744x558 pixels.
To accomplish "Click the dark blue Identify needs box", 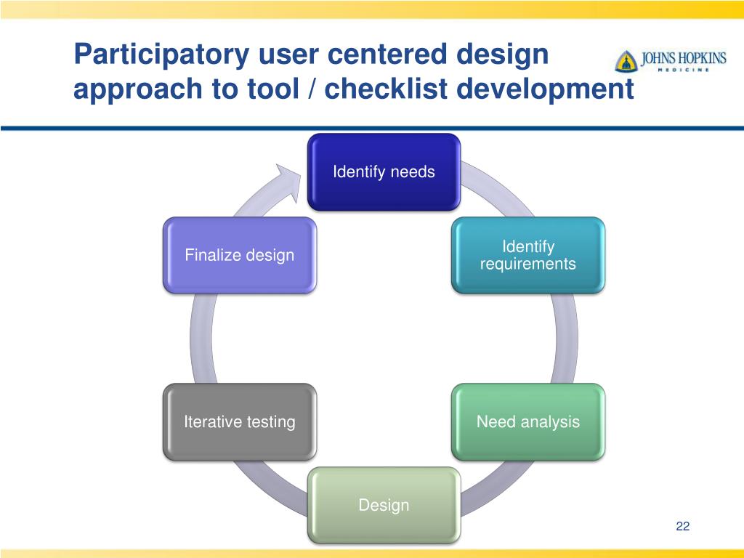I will click(384, 172).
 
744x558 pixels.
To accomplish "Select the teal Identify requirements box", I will click(528, 256).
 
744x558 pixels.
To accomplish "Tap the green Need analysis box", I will click(528, 421).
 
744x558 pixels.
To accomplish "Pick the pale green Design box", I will click(384, 505).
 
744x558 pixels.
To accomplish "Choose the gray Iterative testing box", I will click(240, 421).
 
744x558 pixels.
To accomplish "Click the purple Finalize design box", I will click(240, 255).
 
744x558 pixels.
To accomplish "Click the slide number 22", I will click(682, 527).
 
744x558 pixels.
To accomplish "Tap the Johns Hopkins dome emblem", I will click(626, 62).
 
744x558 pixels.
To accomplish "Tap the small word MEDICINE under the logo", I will click(683, 70).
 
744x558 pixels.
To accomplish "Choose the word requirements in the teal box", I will click(528, 264).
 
